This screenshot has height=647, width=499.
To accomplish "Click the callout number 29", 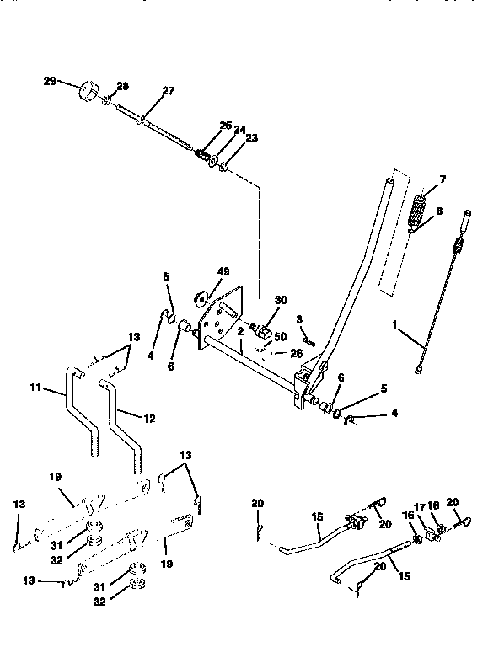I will pyautogui.click(x=49, y=80).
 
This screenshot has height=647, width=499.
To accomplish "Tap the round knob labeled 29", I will pyautogui.click(x=89, y=90).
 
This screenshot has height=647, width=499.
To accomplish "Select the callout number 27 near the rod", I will pyautogui.click(x=168, y=92).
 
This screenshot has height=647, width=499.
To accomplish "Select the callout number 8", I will pyautogui.click(x=438, y=213).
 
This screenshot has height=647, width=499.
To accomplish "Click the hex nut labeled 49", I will pyautogui.click(x=201, y=297).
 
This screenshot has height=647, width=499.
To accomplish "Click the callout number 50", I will pyautogui.click(x=281, y=334).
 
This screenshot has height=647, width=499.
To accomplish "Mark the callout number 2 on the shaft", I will pyautogui.click(x=240, y=332).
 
